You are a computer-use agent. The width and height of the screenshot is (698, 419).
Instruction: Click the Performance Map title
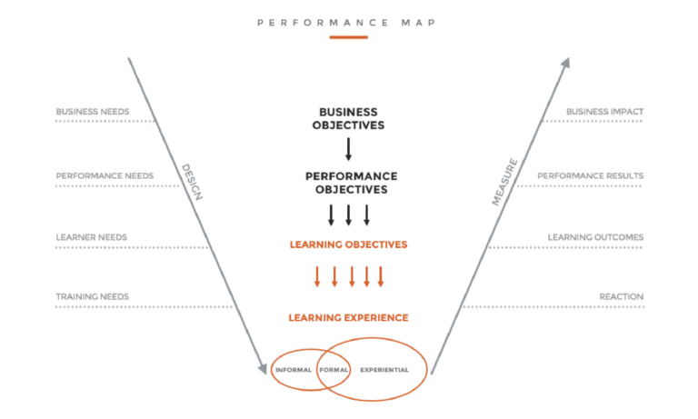[x=346, y=23]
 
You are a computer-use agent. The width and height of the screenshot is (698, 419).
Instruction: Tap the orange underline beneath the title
[x=349, y=37]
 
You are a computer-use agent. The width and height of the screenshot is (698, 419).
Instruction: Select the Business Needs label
[x=93, y=112]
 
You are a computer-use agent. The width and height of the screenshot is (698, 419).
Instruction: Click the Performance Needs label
[x=105, y=176]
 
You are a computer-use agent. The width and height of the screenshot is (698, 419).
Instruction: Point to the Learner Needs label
[x=91, y=237]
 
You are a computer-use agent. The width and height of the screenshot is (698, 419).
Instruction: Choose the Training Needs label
[x=92, y=296]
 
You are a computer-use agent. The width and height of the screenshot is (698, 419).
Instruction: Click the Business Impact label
[x=604, y=112]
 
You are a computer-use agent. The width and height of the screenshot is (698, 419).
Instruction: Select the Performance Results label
[x=590, y=176]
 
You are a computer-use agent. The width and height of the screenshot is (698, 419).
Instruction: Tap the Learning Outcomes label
[x=595, y=237]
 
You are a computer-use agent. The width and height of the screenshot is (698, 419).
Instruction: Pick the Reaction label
[x=622, y=296]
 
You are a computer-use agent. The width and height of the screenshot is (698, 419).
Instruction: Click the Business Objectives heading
[x=349, y=118]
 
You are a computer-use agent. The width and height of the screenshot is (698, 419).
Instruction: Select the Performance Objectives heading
[x=351, y=183]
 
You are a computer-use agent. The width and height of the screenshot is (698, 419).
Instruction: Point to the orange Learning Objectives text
[x=349, y=244]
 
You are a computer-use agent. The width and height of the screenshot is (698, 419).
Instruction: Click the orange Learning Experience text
[x=349, y=317]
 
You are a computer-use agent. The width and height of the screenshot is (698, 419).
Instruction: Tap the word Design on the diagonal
[x=193, y=182]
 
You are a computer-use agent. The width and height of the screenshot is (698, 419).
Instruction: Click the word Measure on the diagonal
[x=504, y=182]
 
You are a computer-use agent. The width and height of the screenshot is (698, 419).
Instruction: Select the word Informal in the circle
[x=294, y=370]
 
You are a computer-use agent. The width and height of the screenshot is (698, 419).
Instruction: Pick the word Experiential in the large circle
[x=384, y=370]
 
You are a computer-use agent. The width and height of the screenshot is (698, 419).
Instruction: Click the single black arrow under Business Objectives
[x=349, y=149]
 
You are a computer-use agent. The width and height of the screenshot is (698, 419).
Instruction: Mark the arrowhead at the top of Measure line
[x=566, y=63]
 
